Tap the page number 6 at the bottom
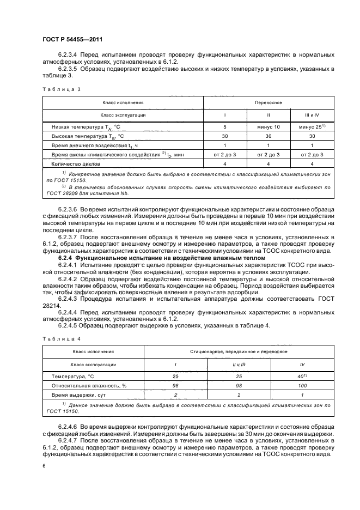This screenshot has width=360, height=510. pos(43,466)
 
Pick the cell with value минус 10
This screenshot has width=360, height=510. pos(269,126)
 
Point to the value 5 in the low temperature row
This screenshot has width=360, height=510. pos(225,126)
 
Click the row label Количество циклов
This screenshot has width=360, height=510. pos(77,163)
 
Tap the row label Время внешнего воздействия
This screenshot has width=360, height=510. pos(90,145)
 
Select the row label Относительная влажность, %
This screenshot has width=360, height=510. pos(89,385)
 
